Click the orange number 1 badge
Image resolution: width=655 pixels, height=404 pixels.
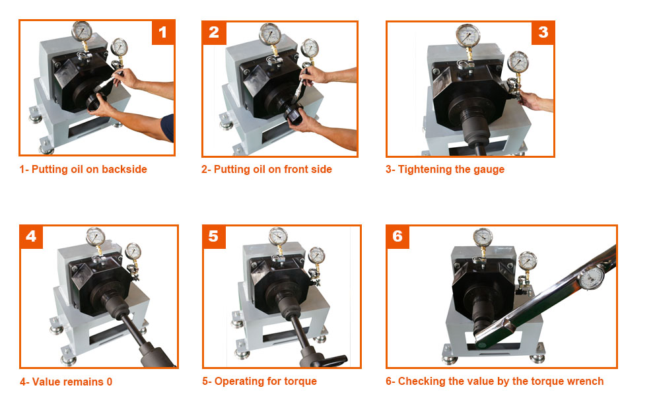[162, 32]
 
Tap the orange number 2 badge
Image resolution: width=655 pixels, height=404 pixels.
[215, 32]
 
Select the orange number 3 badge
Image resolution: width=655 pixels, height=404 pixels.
[543, 32]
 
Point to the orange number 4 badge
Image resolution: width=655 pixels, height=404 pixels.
[31, 237]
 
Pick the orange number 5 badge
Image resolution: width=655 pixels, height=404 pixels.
[215, 237]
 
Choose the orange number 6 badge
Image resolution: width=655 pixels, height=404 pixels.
[397, 237]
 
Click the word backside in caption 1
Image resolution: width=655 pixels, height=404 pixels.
[125, 169]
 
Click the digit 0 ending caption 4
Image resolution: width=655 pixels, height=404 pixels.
[110, 382]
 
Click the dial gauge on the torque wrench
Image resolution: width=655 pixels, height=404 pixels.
[592, 278]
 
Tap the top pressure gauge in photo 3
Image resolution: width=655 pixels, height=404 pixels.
[468, 36]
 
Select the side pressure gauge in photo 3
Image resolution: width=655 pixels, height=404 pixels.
[518, 62]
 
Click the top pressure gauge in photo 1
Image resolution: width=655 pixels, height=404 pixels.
[82, 31]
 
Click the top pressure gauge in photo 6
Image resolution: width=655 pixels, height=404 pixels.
[483, 237]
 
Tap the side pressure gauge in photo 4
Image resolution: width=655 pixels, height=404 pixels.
[133, 252]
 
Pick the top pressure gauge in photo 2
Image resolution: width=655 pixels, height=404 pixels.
[270, 34]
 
